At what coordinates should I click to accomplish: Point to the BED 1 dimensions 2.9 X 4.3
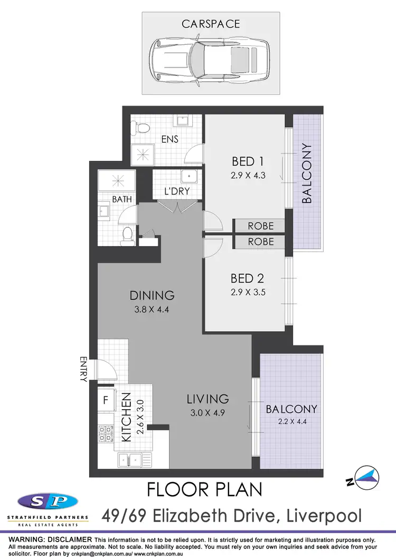pos(248,176)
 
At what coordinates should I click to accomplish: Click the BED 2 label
pos(247,278)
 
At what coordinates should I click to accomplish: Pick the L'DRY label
pos(176,191)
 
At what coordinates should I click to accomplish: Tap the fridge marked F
pos(106,400)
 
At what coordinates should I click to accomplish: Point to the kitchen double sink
pos(132,459)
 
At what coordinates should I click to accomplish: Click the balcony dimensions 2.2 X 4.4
pos(291,422)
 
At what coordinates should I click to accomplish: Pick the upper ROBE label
pos(261,226)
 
